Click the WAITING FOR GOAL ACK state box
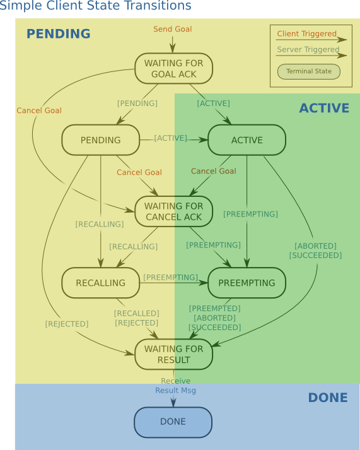click(x=173, y=69)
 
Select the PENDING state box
click(x=100, y=140)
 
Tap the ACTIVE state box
click(x=247, y=140)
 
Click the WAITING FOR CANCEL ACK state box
click(x=173, y=211)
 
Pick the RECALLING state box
click(x=100, y=283)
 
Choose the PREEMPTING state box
click(x=247, y=283)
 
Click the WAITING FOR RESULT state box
click(x=173, y=354)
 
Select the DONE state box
click(x=173, y=422)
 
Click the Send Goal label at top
click(x=173, y=29)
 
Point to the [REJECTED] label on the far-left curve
click(x=67, y=324)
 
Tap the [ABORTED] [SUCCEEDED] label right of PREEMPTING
click(x=315, y=251)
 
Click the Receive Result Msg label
click(x=175, y=386)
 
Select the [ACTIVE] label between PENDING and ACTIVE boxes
click(x=171, y=138)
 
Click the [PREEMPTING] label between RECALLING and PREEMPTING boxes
click(x=171, y=277)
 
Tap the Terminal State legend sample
click(x=308, y=71)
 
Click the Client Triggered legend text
click(x=307, y=33)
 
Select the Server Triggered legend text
click(x=308, y=49)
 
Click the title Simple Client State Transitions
click(x=95, y=6)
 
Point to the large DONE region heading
click(x=327, y=398)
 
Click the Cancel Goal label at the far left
click(x=39, y=110)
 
